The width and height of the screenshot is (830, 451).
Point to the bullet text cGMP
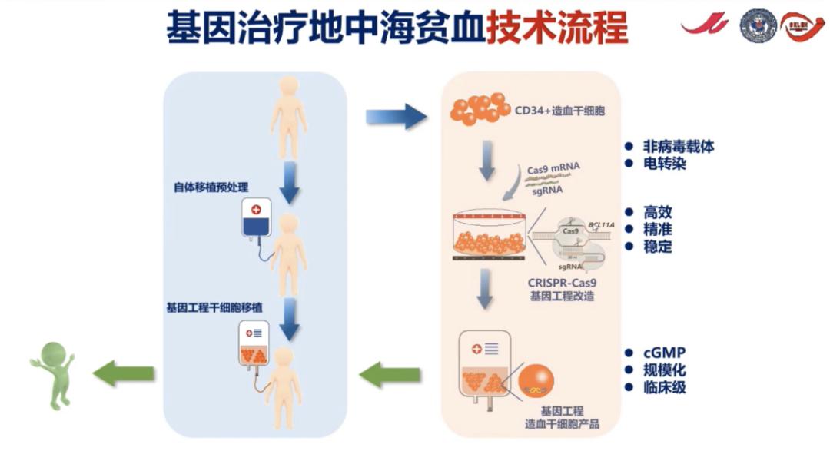(662, 353)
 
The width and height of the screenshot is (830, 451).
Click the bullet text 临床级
(665, 387)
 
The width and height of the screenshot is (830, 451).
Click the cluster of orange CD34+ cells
(477, 109)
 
